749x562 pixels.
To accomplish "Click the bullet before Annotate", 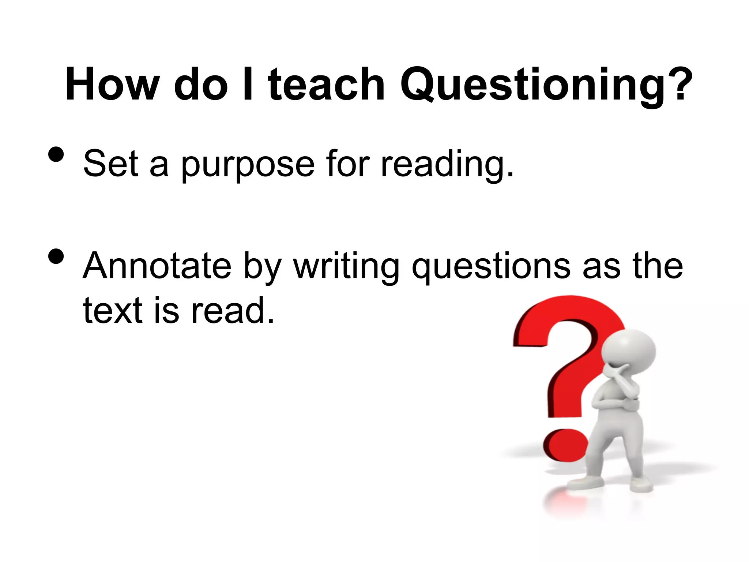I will tap(56, 256).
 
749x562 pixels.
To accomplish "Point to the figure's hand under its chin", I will tap(622, 377).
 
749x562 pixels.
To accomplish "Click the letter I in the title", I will tap(248, 85).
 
